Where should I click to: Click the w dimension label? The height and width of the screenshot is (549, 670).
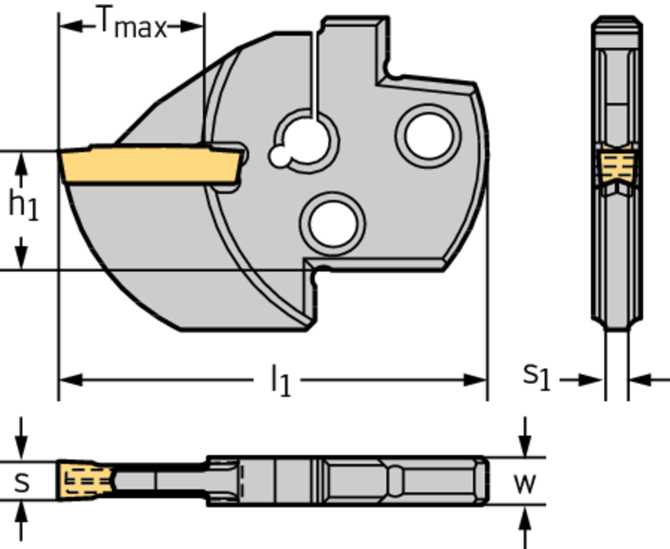(x=525, y=483)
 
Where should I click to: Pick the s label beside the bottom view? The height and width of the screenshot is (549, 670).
(x=22, y=482)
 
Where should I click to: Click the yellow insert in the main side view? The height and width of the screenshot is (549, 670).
(x=150, y=165)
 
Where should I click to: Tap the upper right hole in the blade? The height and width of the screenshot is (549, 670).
(x=429, y=136)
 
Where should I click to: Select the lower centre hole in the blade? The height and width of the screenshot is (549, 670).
(x=333, y=224)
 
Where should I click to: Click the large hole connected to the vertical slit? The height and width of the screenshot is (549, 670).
(x=308, y=140)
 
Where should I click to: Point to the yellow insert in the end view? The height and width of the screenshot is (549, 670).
(x=616, y=166)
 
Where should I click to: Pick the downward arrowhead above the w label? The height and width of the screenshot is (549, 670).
(x=524, y=448)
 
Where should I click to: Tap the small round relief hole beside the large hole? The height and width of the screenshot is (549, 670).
(x=280, y=157)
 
